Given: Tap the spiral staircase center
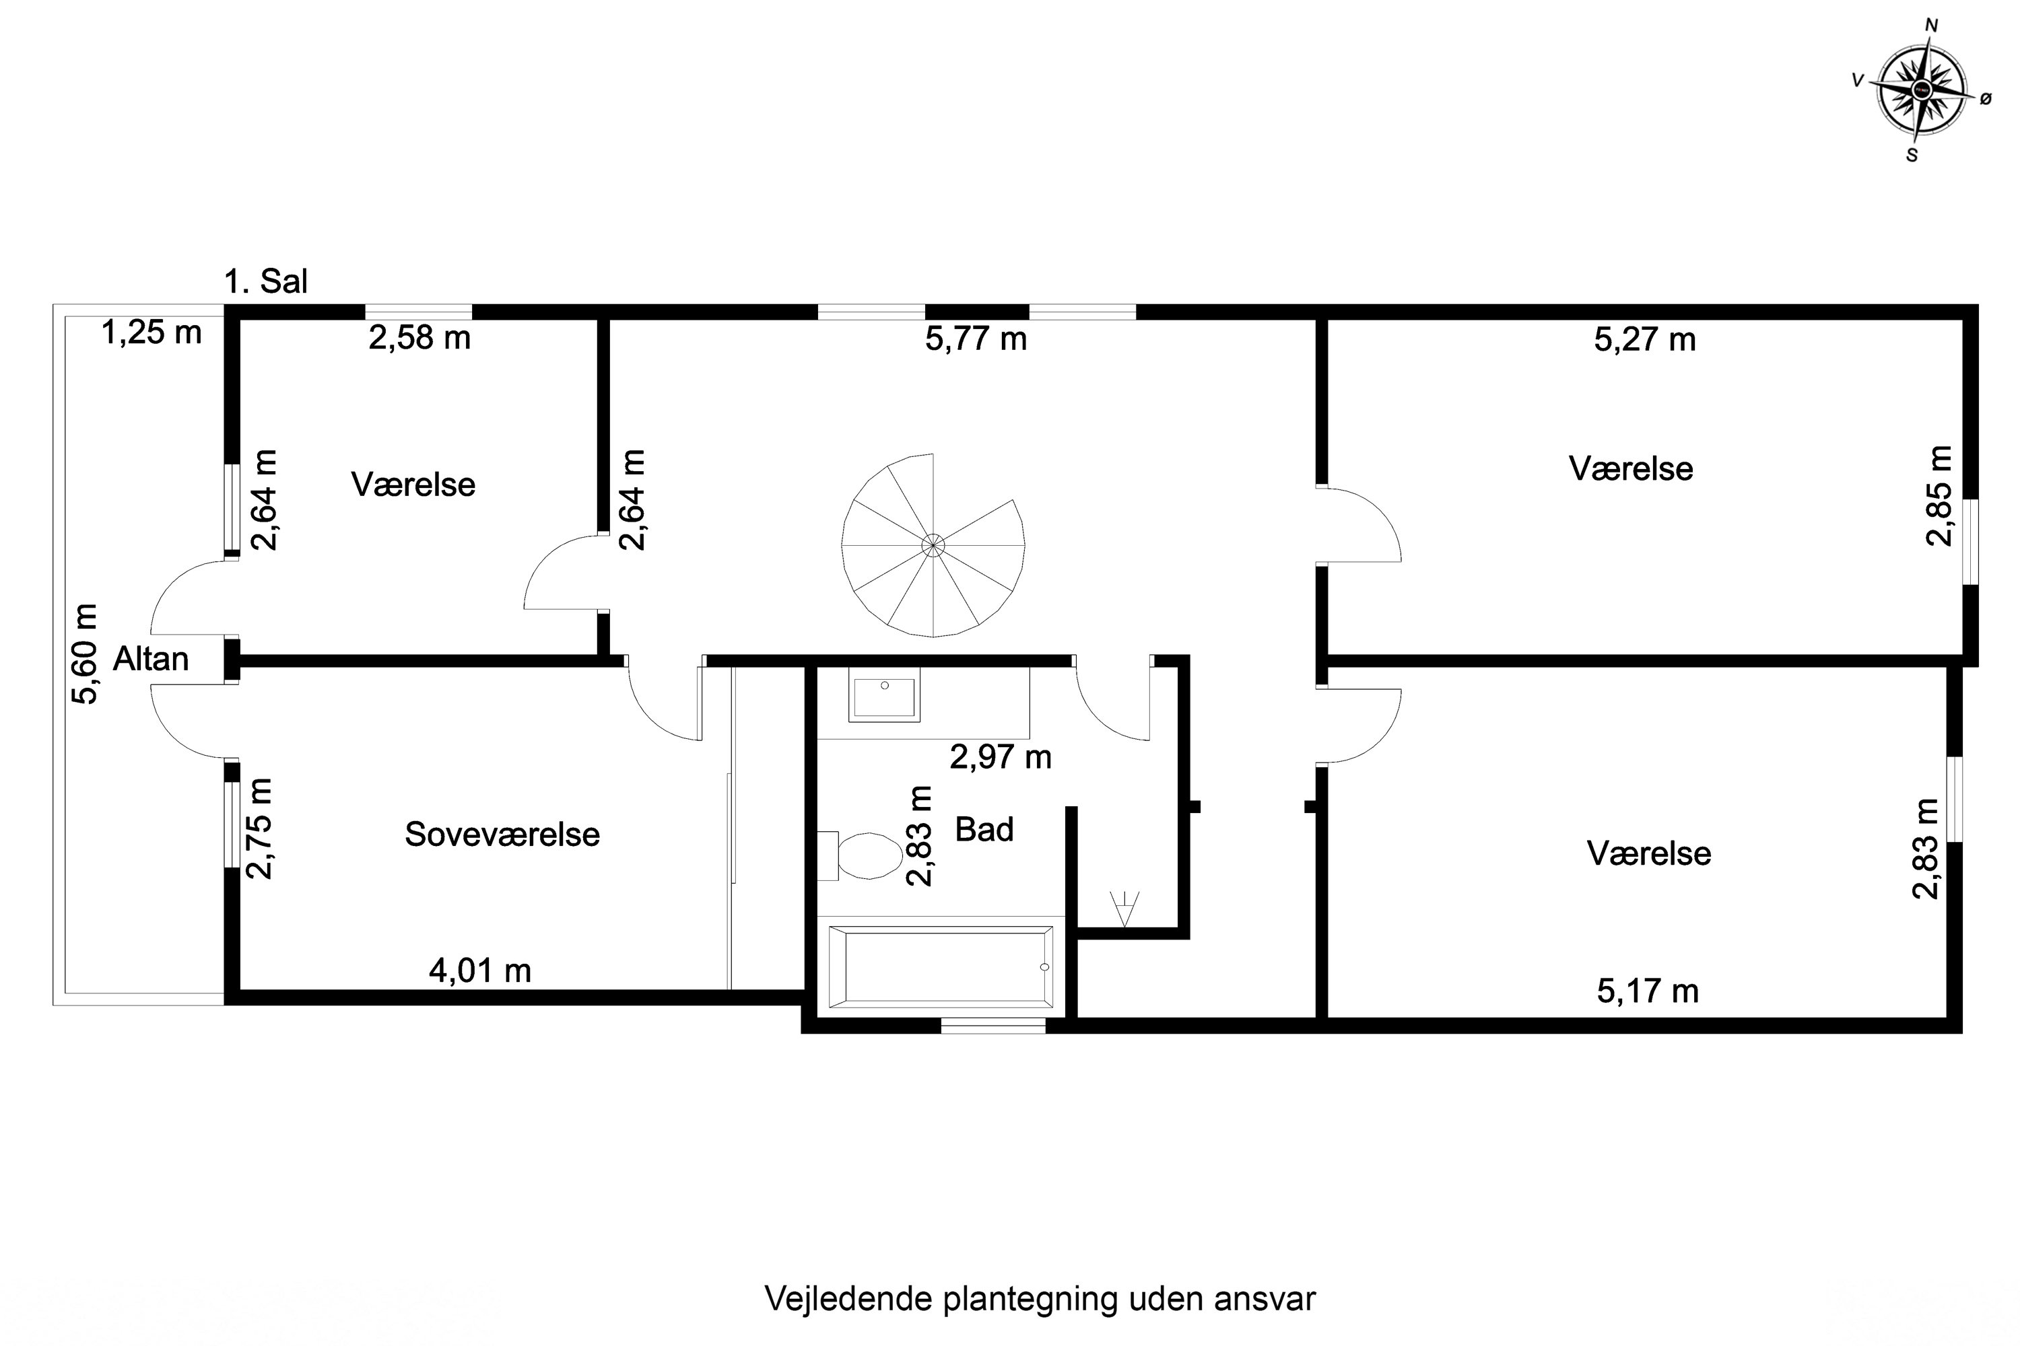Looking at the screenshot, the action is click(x=933, y=544).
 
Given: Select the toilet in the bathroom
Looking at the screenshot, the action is click(x=859, y=856).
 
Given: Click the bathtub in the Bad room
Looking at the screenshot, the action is click(x=941, y=966).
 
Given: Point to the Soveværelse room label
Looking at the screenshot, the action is click(x=502, y=835).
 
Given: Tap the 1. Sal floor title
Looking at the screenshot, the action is click(x=265, y=281).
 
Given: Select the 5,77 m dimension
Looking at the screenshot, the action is click(x=976, y=339).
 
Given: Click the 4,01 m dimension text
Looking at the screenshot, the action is click(x=480, y=971).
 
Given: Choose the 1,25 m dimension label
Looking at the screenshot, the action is click(x=152, y=332).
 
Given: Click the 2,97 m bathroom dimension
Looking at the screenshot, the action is click(x=1001, y=757).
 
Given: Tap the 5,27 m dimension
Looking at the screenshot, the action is click(x=1645, y=340).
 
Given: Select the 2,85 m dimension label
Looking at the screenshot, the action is click(x=1939, y=496).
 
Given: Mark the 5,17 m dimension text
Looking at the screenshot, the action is click(x=1648, y=991).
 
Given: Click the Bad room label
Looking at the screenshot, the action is click(x=985, y=830).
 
